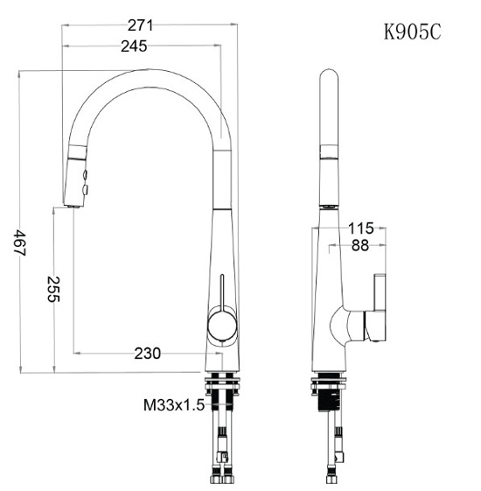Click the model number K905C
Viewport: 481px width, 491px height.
coord(413,32)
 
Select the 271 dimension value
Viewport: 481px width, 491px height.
coord(140,25)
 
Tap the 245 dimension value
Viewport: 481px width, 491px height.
coord(134,46)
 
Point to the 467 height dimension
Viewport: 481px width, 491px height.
coord(20,242)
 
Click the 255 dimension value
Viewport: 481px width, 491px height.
coord(53,289)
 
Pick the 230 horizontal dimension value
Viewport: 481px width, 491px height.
coord(148,354)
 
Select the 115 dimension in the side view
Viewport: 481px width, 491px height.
coord(361,228)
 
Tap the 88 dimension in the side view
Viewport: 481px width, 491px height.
coord(360,245)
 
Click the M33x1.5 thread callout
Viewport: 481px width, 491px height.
coord(174,405)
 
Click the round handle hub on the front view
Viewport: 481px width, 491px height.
coord(222,326)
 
